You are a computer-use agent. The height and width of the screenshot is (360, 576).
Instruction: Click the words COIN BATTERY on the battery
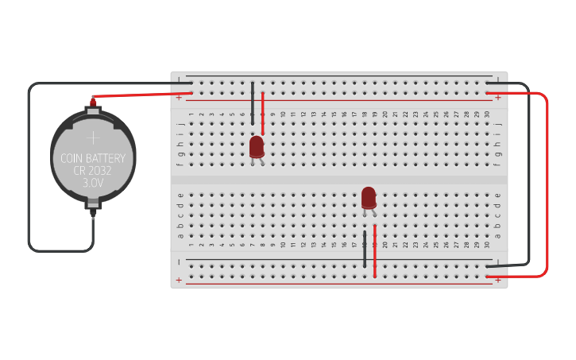click(x=93, y=158)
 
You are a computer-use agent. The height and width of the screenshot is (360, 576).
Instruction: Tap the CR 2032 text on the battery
click(x=93, y=170)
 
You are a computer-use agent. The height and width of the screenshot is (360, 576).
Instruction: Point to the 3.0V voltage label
click(x=93, y=183)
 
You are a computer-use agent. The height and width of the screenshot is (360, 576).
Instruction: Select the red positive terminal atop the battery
click(x=93, y=102)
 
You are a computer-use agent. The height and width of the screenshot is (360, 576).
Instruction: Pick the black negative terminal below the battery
click(x=93, y=212)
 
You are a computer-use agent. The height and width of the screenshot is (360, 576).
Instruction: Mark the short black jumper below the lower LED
click(x=365, y=249)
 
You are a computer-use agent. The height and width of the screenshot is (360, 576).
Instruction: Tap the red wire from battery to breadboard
click(x=135, y=95)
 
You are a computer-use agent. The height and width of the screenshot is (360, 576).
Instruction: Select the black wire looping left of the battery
click(x=29, y=167)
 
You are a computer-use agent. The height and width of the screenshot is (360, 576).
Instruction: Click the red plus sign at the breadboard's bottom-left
click(x=179, y=280)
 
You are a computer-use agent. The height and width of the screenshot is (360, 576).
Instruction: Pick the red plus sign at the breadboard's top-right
click(x=499, y=98)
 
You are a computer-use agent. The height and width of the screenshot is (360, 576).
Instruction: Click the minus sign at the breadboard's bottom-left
click(x=179, y=261)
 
